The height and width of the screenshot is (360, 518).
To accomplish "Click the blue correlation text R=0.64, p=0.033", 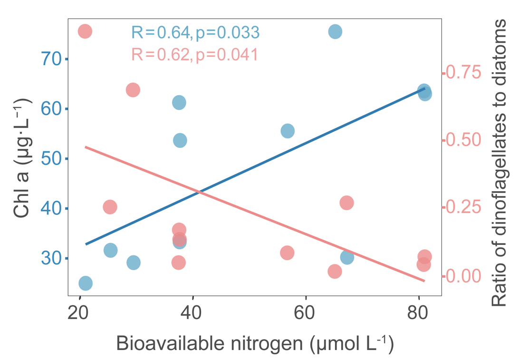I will (x=195, y=32).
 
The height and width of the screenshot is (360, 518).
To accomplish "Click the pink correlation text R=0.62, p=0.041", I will (x=194, y=55).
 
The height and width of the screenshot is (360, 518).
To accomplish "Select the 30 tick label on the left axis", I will (x=51, y=259).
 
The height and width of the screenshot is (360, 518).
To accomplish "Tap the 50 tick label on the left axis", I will (x=51, y=159).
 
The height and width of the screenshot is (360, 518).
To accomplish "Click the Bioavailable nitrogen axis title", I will (x=254, y=344).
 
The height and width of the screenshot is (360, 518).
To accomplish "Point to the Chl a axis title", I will (x=23, y=158).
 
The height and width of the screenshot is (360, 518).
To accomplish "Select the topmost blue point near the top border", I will (x=335, y=32).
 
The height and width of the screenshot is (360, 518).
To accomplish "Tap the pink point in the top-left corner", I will (x=85, y=31).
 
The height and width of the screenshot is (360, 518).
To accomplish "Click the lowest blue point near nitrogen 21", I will (x=86, y=283).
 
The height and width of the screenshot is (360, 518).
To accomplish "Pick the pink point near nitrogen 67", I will (x=346, y=203).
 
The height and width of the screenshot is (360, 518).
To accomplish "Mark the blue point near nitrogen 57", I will (x=288, y=131).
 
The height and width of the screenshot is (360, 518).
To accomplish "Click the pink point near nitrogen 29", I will (x=133, y=90).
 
